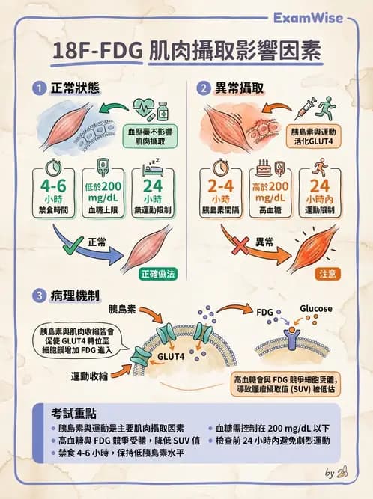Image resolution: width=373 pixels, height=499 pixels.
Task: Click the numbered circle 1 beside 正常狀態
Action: point(36,88)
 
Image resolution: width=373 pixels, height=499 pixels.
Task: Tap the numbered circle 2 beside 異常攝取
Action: point(202,88)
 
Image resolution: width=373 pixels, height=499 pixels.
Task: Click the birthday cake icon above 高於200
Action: point(266,166)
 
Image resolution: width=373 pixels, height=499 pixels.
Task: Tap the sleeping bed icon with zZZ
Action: point(151,166)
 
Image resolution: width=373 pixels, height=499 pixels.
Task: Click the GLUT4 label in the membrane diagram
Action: point(172,356)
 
